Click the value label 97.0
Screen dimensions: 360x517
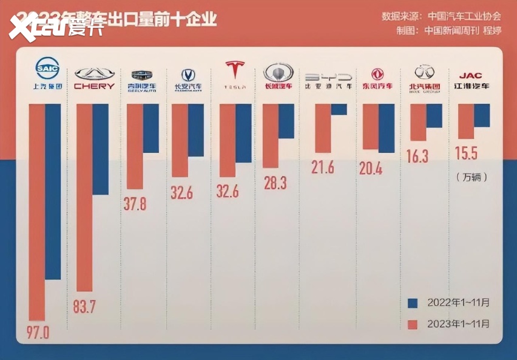[x=38, y=333]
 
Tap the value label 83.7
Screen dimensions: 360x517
[x=84, y=307]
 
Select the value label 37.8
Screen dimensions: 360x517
[x=135, y=203]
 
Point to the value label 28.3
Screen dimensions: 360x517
[x=275, y=183]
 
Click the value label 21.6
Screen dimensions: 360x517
[x=322, y=168]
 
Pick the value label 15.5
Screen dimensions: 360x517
[x=466, y=153]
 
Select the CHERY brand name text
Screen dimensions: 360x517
[x=94, y=86]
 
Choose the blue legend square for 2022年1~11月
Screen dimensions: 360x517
[x=413, y=302]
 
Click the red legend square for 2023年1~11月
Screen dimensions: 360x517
[x=413, y=324]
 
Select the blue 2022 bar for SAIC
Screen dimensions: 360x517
[x=53, y=191]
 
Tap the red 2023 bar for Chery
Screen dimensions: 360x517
[x=84, y=197]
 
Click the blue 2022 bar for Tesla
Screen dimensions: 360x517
[x=243, y=133]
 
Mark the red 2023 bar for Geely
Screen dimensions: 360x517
[x=135, y=146]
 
